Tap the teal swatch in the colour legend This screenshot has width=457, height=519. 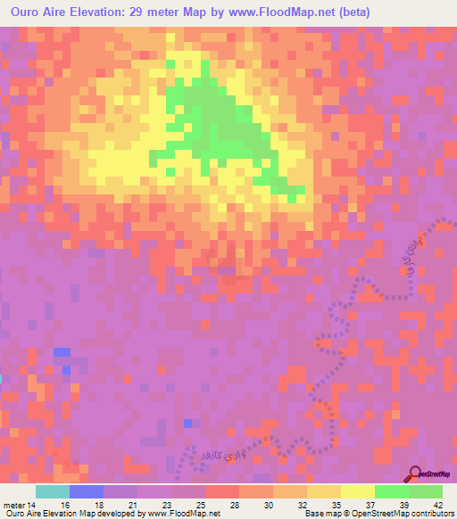(53, 491)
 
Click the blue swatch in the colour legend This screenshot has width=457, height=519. (87, 491)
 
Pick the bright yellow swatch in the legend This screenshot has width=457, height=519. (357, 491)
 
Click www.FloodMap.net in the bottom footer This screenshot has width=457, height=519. (185, 514)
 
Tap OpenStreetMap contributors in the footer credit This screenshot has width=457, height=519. (395, 514)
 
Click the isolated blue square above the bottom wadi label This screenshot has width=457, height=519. (187, 423)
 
